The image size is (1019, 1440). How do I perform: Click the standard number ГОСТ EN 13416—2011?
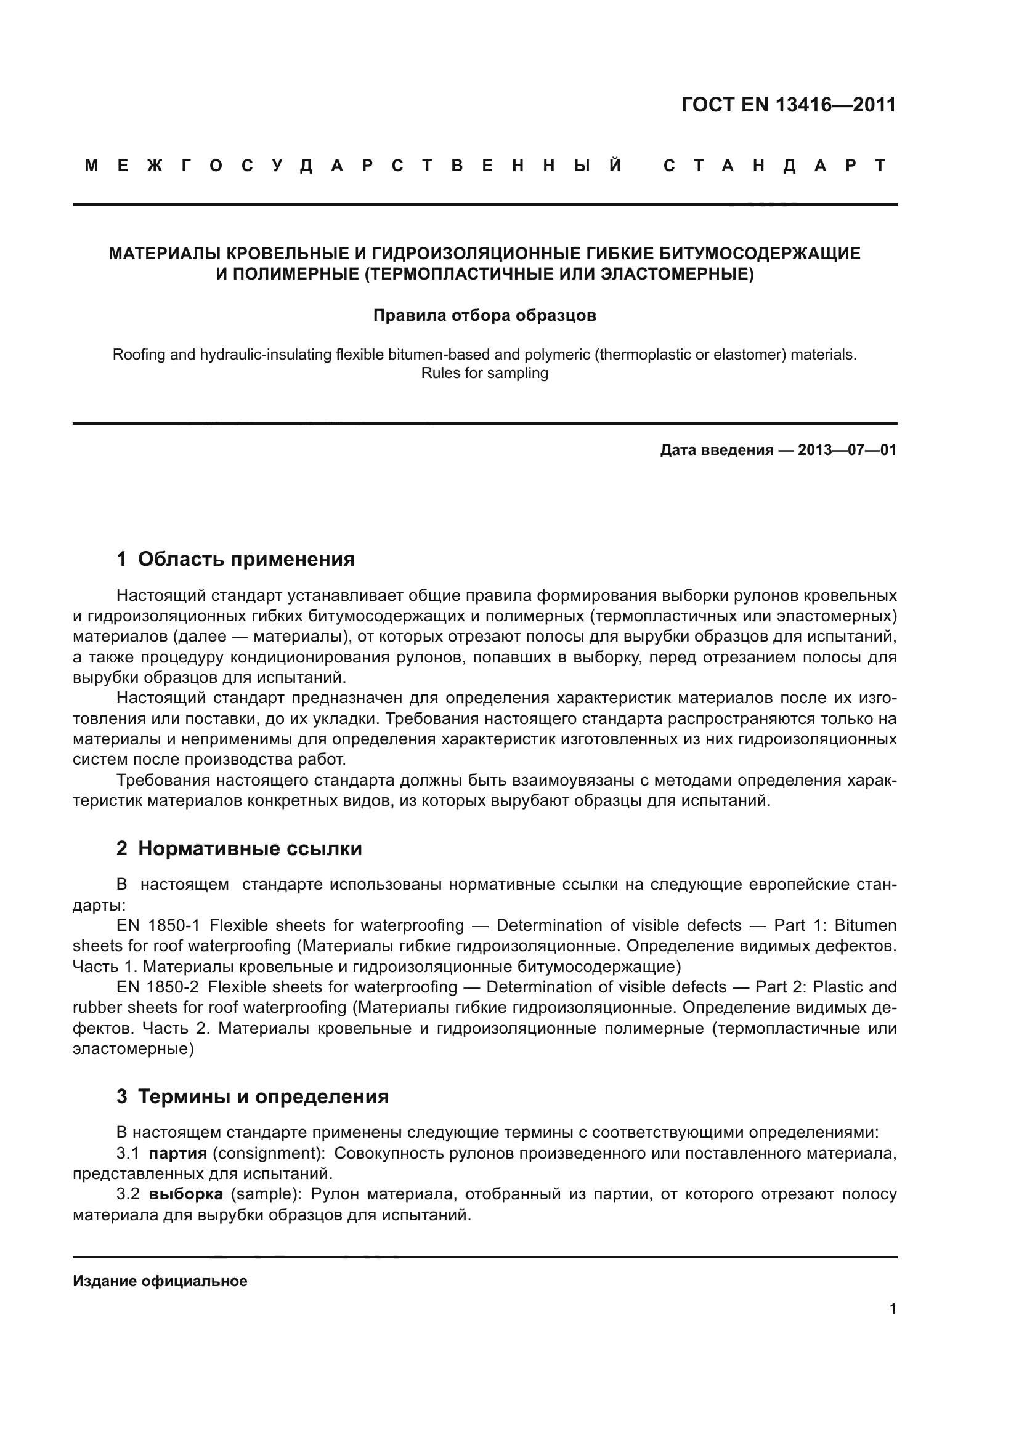tap(788, 105)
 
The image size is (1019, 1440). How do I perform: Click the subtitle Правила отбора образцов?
tap(484, 315)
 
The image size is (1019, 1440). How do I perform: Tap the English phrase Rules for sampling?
tap(484, 373)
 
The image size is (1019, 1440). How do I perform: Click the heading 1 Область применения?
tap(235, 559)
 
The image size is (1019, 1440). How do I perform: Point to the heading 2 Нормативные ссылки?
tap(239, 848)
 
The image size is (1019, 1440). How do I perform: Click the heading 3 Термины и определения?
tap(252, 1114)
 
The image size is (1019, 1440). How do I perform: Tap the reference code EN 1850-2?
tap(158, 987)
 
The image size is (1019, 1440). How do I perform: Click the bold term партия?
tap(177, 1153)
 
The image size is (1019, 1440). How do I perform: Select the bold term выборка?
tap(185, 1194)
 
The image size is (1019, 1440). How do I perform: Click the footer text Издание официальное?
tap(160, 1281)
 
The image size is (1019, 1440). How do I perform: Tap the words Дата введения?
tap(716, 450)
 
